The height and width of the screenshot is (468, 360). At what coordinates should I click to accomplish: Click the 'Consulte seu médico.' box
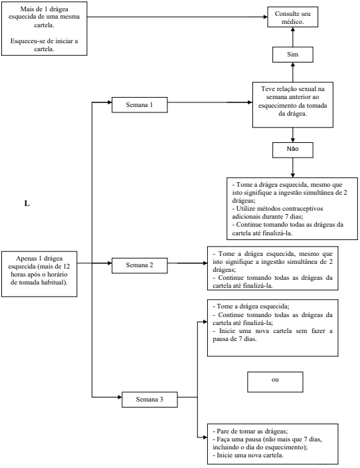(x=293, y=17)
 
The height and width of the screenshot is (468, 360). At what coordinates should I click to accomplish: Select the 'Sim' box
(x=293, y=55)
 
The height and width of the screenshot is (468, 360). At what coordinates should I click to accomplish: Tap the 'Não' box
(x=293, y=150)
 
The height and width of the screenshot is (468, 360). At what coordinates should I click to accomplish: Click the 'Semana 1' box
(x=139, y=105)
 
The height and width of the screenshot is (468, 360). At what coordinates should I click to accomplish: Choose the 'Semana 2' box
(x=139, y=265)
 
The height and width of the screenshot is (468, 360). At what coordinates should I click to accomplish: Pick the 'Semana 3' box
(x=149, y=400)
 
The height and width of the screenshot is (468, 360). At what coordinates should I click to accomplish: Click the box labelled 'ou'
(x=275, y=382)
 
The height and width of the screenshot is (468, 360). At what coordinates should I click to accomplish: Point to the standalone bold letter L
(x=27, y=203)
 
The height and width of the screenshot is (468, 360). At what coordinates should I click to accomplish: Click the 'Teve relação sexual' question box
(x=293, y=105)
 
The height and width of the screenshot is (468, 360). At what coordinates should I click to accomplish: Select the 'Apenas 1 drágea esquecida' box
(x=39, y=274)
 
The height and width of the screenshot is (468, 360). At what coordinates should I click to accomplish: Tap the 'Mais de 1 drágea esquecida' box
(x=44, y=29)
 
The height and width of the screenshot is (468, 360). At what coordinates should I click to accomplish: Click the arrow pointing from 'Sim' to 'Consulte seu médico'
(x=293, y=37)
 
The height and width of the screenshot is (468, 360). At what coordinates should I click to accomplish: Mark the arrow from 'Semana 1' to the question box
(x=210, y=102)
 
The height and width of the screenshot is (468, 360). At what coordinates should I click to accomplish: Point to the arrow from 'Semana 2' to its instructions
(x=187, y=263)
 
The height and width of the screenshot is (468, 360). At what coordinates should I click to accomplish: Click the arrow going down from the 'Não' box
(x=293, y=168)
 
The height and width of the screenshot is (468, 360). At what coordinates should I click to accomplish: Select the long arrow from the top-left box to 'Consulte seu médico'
(x=177, y=17)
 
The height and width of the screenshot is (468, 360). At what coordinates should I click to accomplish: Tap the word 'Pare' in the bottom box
(x=223, y=431)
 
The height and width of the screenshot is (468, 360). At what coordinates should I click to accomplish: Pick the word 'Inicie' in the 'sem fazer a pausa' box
(x=227, y=331)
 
